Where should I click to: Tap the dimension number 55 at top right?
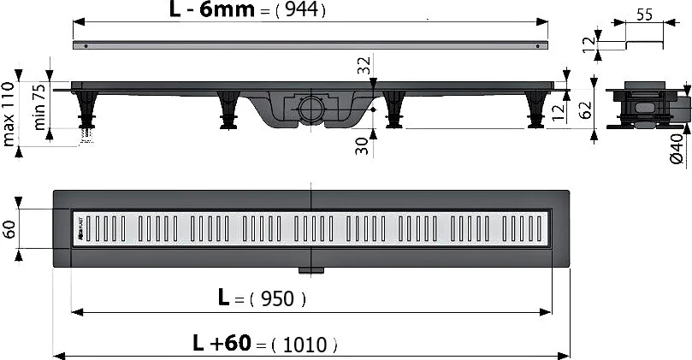[x=646, y=15]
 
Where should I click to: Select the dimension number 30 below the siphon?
[x=363, y=146]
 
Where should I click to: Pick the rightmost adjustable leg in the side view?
[x=537, y=109]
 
